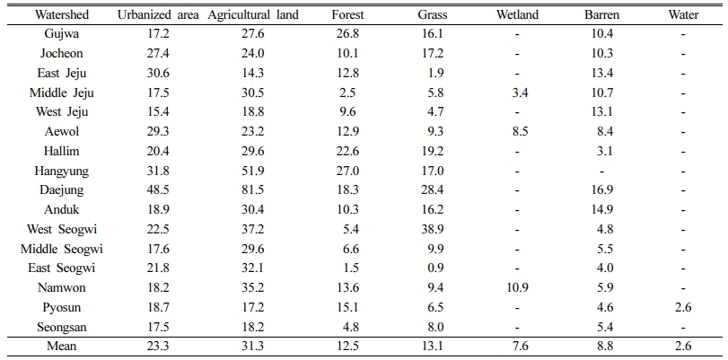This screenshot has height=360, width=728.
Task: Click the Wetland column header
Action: click(517, 15)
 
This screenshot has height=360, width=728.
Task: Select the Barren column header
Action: click(601, 15)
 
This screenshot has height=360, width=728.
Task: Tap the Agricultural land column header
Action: click(253, 15)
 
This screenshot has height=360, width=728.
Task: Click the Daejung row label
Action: click(62, 190)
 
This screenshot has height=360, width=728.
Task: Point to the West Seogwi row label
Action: click(62, 229)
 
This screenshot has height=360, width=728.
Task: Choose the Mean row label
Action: click(62, 346)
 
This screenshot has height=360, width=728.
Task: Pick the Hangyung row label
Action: click(62, 171)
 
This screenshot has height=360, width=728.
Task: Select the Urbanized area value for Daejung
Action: click(158, 190)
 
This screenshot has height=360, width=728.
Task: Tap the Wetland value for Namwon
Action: click(517, 287)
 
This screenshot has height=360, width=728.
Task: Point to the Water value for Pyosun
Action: click(683, 307)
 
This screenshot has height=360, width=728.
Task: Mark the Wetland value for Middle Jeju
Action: click(517, 92)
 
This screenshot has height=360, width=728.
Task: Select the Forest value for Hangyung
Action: click(348, 171)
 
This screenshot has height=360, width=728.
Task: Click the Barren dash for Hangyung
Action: click(601, 171)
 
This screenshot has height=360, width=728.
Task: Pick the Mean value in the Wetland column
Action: click(517, 346)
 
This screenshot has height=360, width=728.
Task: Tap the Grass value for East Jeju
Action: click(436, 73)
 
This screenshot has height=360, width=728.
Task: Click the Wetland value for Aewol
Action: click(517, 131)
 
